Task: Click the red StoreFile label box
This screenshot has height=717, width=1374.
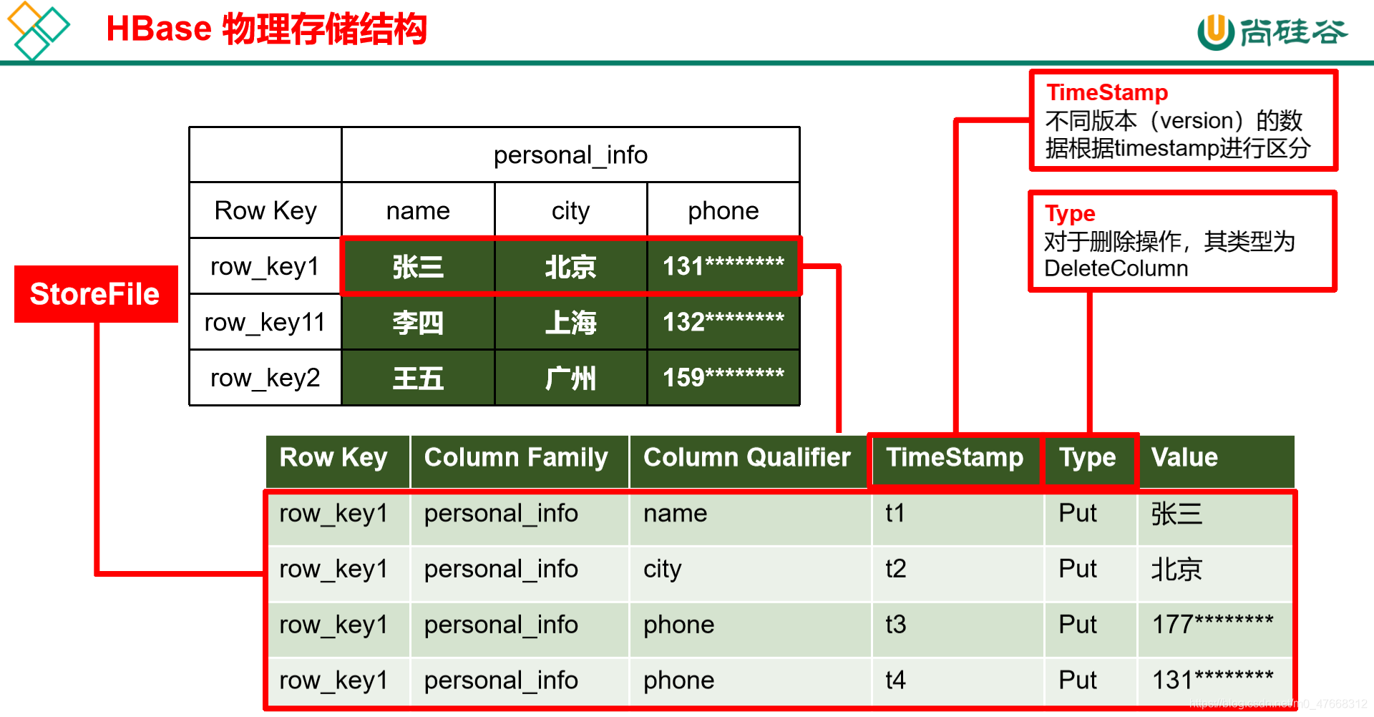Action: coord(96,294)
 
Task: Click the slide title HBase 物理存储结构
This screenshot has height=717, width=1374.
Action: coord(266,29)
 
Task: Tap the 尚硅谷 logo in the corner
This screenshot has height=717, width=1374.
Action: coord(1272,32)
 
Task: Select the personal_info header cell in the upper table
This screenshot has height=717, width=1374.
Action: coord(570,155)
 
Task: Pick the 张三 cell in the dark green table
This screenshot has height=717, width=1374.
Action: coord(418,267)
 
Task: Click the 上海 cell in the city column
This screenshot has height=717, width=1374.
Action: coord(570,323)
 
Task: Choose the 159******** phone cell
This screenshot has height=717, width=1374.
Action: coord(723,378)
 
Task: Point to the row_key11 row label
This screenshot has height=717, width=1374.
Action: coord(265,323)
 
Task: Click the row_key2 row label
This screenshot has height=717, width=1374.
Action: coord(265,378)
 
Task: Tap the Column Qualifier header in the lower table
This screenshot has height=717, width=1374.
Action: coord(746,458)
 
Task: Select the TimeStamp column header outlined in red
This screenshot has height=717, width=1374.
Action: coord(955,458)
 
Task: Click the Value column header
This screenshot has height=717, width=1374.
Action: coord(1184,458)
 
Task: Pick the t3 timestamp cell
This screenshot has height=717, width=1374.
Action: coord(896,625)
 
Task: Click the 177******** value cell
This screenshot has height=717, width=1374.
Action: coord(1212,625)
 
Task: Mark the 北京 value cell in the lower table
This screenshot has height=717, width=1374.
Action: coord(1176,570)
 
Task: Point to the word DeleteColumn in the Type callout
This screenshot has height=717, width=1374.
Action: coord(1116,269)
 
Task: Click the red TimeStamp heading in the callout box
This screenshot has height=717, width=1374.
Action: coord(1107,92)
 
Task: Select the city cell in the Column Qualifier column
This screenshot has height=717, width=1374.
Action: coord(663,570)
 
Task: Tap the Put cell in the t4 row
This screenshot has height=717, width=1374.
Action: coord(1077,681)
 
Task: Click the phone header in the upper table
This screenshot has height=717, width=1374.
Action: coord(723,211)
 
